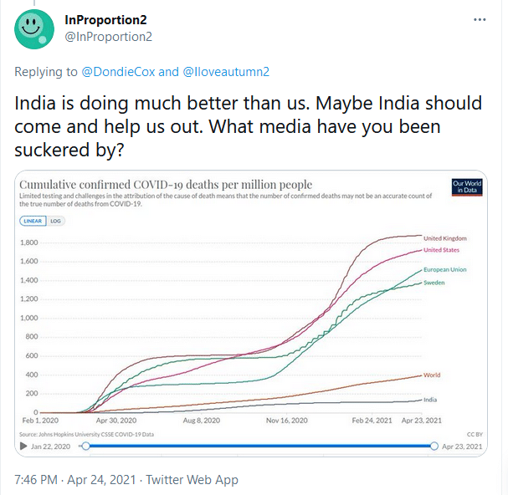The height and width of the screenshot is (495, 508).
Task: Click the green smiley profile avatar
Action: click(x=34, y=29)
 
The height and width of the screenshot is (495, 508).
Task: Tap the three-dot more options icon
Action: click(x=480, y=20)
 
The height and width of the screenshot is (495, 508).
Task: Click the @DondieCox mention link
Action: click(x=118, y=72)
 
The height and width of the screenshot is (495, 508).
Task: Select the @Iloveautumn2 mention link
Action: click(x=226, y=72)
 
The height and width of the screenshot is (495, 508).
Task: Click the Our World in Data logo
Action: click(x=467, y=187)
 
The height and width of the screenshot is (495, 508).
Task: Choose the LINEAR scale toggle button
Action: click(x=33, y=221)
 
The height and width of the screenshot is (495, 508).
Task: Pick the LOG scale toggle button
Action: click(x=56, y=221)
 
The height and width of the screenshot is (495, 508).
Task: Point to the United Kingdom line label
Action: click(x=445, y=238)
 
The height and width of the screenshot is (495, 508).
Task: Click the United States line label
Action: click(x=441, y=250)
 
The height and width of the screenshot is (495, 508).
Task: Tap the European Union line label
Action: click(x=445, y=269)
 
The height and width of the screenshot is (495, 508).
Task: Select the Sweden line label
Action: click(x=434, y=283)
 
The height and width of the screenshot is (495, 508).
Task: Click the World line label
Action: click(x=432, y=375)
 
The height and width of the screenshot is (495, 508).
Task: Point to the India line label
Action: click(x=430, y=400)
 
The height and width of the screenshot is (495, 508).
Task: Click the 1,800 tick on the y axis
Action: click(x=29, y=242)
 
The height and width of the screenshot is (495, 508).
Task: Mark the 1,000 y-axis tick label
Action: click(x=29, y=318)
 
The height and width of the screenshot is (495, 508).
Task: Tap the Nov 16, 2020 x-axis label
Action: click(x=287, y=421)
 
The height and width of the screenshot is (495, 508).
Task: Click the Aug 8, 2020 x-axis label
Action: click(x=202, y=421)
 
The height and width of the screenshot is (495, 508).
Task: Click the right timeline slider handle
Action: click(x=434, y=447)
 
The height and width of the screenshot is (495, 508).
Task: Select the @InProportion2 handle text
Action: click(x=109, y=37)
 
